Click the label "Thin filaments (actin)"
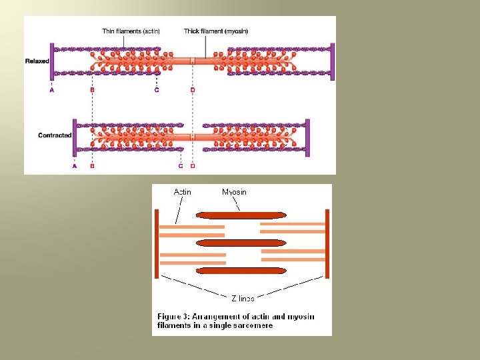(131, 31)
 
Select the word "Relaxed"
(37, 61)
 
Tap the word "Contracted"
(55, 135)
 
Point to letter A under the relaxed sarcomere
(52, 90)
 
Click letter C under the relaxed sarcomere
(157, 90)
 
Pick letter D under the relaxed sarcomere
(193, 90)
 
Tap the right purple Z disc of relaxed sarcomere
(331, 61)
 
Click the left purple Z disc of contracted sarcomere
(75, 136)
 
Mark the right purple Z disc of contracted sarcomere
(307, 137)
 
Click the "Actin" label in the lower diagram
(182, 192)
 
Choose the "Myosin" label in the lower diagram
(234, 192)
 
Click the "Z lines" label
(243, 298)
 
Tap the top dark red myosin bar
(241, 215)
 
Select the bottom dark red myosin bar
(241, 271)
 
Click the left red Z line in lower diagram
(157, 243)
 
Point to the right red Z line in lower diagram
(327, 243)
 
